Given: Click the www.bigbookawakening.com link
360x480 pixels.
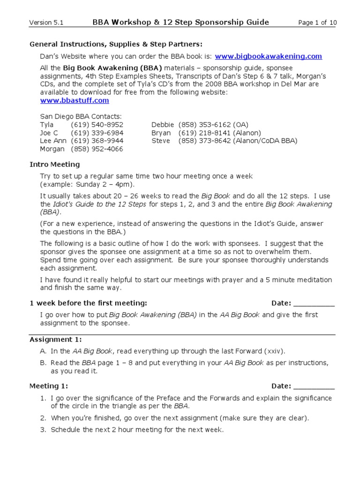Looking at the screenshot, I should pyautogui.click(x=268, y=56).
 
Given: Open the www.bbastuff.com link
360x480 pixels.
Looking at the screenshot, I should pyautogui.click(x=75, y=100).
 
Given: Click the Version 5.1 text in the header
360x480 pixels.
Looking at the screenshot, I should pyautogui.click(x=46, y=22).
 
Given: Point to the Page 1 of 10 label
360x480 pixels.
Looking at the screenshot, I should pyautogui.click(x=317, y=22).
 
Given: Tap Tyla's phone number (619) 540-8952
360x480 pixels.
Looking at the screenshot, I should pyautogui.click(x=97, y=125).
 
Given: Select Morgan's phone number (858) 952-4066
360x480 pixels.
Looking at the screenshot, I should pyautogui.click(x=97, y=149).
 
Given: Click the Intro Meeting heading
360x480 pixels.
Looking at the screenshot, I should pyautogui.click(x=54, y=165).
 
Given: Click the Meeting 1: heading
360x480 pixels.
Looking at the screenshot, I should pyautogui.click(x=49, y=386).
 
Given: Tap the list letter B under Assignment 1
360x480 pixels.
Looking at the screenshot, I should pyautogui.click(x=43, y=363).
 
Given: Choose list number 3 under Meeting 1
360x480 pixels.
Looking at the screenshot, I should pyautogui.click(x=43, y=429).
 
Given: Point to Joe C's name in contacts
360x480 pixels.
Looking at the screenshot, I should pyautogui.click(x=50, y=133).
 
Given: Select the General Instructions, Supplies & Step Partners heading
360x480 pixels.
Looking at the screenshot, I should pyautogui.click(x=116, y=44).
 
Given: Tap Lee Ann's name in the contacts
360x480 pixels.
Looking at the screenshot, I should pyautogui.click(x=52, y=141).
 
